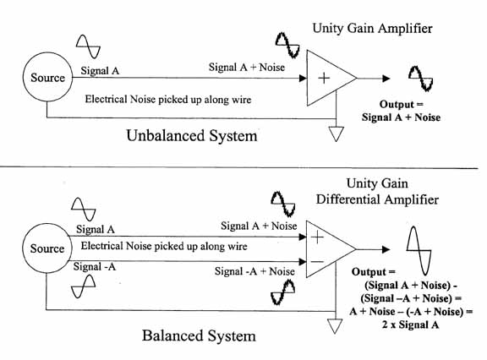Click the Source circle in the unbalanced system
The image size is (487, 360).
coord(47,78)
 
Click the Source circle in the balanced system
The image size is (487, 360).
coord(47,248)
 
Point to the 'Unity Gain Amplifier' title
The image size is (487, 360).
coord(372,29)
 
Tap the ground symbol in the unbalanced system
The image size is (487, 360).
coord(337,134)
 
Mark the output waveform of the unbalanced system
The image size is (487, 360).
coord(420,78)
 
